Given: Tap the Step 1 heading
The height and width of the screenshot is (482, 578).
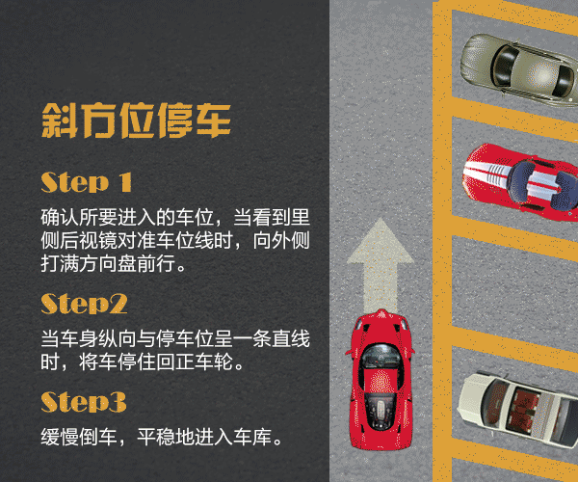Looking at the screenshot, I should coord(86,182).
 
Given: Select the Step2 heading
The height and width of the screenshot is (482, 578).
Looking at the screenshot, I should coord(84,304).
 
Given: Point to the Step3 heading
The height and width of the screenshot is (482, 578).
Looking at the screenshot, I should coord(84,401).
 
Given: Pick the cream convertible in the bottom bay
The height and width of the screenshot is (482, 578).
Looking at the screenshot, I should coord(520,409).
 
